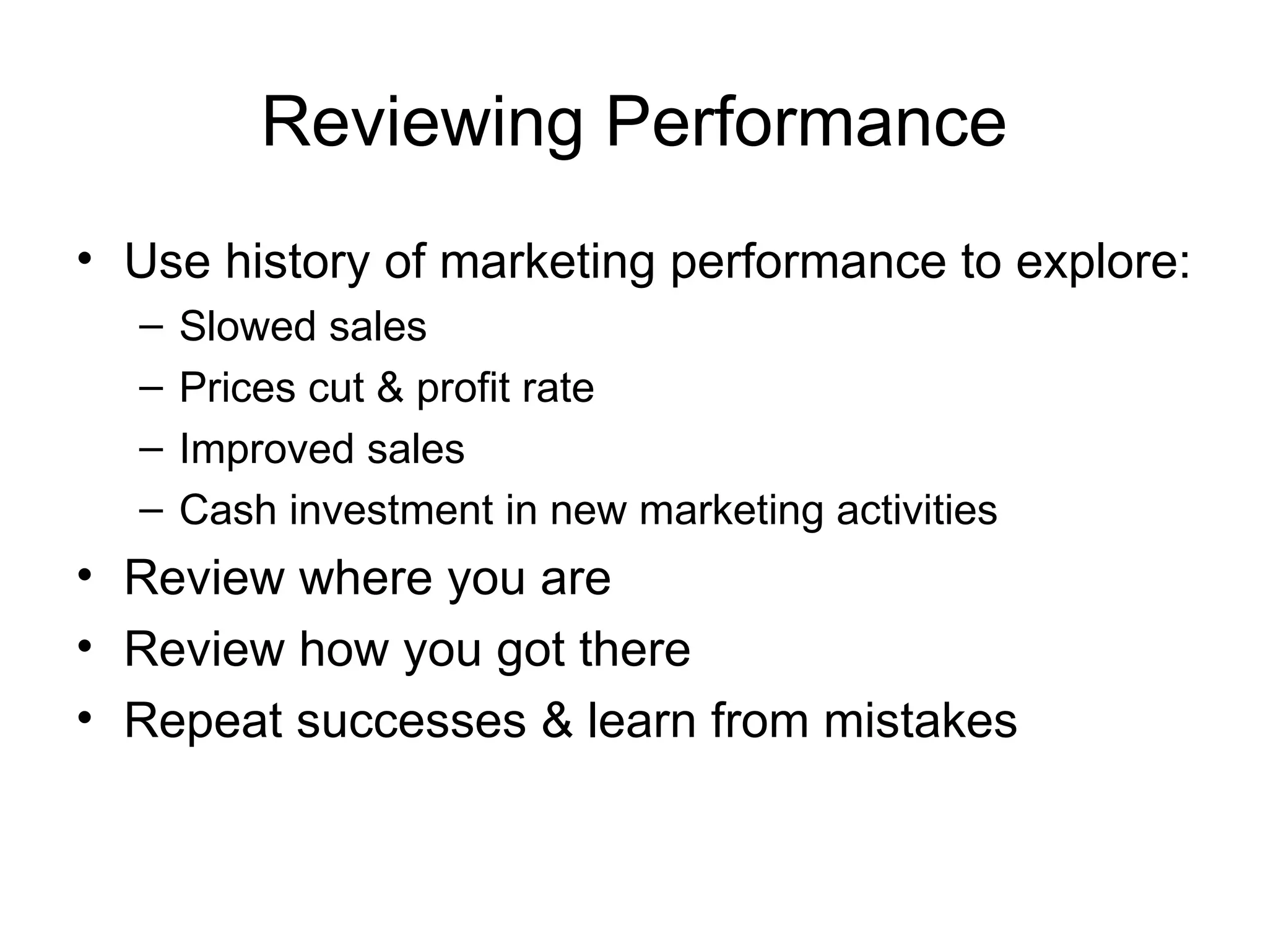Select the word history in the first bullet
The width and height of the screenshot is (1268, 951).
pyautogui.click(x=297, y=261)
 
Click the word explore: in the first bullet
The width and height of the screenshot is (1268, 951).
pyautogui.click(x=1103, y=263)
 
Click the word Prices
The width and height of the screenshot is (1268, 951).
pyautogui.click(x=236, y=388)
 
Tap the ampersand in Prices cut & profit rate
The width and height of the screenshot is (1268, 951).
pyautogui.click(x=389, y=388)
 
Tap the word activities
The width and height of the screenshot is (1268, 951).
pyautogui.click(x=917, y=511)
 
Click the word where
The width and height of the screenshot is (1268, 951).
pyautogui.click(x=365, y=578)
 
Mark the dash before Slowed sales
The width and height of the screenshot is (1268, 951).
pyautogui.click(x=152, y=326)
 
